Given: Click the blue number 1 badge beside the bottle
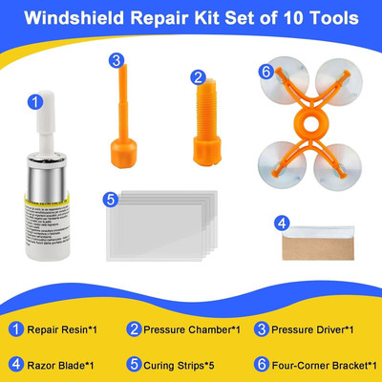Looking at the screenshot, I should click(34, 98).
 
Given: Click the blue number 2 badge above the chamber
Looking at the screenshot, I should click(198, 77).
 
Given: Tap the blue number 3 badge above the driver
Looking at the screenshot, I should click(117, 60).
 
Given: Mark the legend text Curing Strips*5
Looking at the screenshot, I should click(179, 364).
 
